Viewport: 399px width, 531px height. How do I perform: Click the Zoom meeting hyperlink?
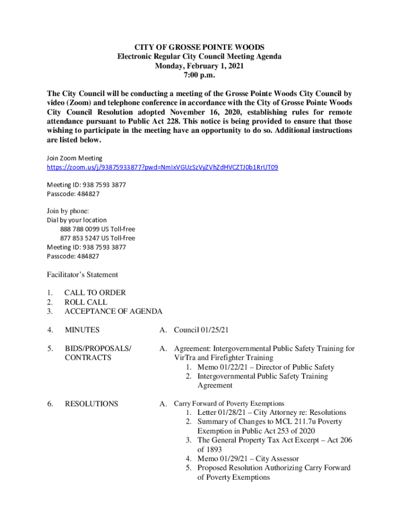click(163, 167)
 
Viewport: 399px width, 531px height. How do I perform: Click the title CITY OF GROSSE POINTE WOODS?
click(199, 47)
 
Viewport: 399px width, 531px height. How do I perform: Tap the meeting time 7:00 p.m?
click(199, 75)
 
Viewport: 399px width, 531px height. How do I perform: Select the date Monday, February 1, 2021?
click(199, 66)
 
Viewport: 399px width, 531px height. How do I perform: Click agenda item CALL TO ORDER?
click(95, 292)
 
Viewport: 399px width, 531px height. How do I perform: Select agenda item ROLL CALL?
click(86, 302)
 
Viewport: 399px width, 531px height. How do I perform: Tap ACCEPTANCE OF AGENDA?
click(113, 311)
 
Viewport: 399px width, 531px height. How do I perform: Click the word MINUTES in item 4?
click(82, 330)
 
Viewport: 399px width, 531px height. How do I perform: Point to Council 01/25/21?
click(201, 330)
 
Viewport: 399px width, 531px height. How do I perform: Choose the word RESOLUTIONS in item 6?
click(91, 403)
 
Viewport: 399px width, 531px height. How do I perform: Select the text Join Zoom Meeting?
click(75, 158)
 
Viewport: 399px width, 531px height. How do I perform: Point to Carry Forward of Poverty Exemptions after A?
click(229, 403)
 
